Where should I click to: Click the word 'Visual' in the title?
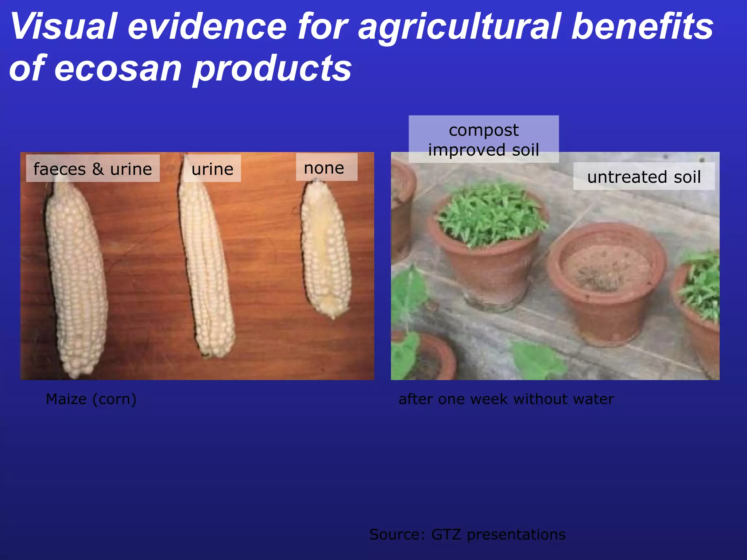click(x=64, y=26)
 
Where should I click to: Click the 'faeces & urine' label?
click(x=93, y=169)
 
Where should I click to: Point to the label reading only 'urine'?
click(x=212, y=169)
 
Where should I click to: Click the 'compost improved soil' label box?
click(x=484, y=140)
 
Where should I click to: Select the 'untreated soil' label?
click(x=644, y=177)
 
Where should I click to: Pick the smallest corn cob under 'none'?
click(x=325, y=252)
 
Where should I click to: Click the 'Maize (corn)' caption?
click(x=91, y=399)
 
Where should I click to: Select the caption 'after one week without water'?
click(x=506, y=399)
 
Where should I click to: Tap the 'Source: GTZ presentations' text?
click(x=467, y=534)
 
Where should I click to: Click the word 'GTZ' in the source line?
click(x=446, y=534)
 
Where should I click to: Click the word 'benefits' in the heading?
click(x=642, y=26)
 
